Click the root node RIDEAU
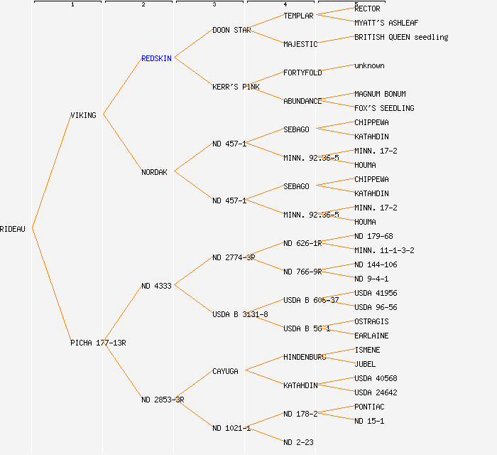coord(13,229)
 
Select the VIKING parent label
coord(83,115)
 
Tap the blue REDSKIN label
coord(156,58)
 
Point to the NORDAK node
coord(155,172)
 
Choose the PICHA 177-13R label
coord(98,343)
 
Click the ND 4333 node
coord(156,286)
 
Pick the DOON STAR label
coord(231,30)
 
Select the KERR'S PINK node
coord(236,87)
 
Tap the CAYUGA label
coord(226,371)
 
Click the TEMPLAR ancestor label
coord(298,16)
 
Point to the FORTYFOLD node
coord(302,73)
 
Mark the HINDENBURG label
coord(305,357)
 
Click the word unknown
coord(369,65)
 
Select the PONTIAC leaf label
coord(369,407)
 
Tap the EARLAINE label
coord(371,336)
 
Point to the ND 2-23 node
coord(298,442)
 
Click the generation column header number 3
coord(214,5)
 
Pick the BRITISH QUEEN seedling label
coord(401,37)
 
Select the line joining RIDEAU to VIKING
coord(51,171)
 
